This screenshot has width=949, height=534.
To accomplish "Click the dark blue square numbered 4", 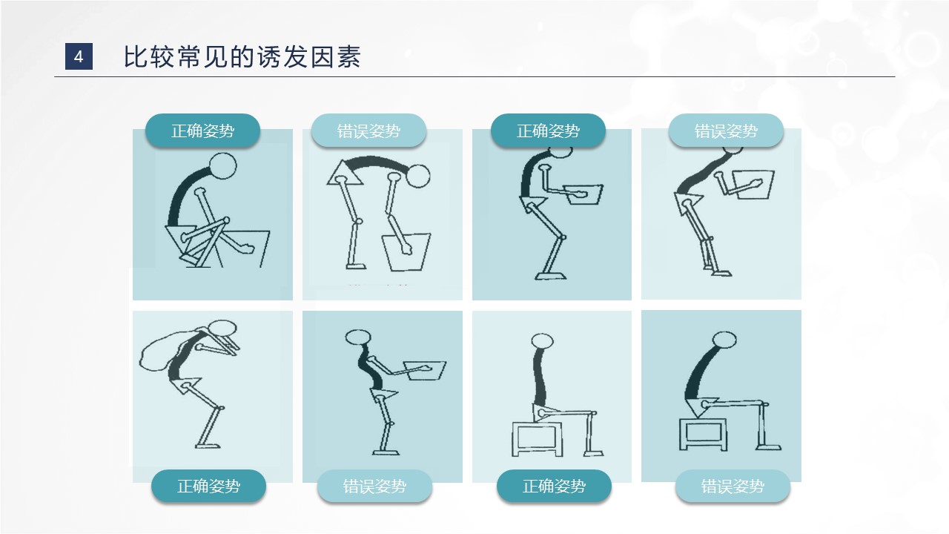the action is pos(79,56).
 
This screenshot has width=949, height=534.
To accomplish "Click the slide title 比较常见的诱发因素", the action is pos(242,57).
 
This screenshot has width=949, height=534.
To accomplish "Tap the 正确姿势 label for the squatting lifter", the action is pos(202,131).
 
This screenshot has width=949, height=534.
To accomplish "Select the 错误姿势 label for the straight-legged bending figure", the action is pos(368,131).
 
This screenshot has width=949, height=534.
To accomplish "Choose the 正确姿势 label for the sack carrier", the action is pos(208,486).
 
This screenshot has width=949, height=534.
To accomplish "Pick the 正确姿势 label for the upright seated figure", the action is pos(554,486).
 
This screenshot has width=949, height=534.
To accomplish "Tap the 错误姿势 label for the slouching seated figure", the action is pos(733,486).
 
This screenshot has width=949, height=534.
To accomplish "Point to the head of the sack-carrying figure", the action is pos(222,328).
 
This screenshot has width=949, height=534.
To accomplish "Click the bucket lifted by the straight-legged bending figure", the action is pos(407,251).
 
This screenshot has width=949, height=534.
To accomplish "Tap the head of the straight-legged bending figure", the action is pos(418,177).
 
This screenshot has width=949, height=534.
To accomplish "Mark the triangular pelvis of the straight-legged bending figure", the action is pos(344,174).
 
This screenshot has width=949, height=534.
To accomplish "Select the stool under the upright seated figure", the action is pos(538,439).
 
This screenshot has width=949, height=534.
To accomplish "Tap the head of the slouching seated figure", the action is pos(724,340).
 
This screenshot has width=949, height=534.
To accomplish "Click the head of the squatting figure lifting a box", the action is pos(223,165).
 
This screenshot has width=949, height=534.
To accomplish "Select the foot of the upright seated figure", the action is pos(593,453).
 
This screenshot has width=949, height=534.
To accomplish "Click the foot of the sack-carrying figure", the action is pos(208,446).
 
